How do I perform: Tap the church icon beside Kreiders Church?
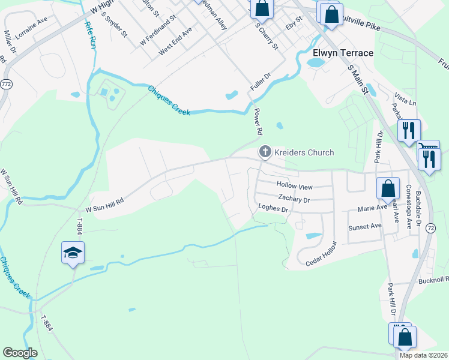coord(264,152)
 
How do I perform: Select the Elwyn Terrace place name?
coord(340,53)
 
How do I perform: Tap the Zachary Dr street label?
coord(294,199)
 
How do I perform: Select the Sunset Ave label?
coord(366,226)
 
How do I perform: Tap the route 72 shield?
coord(431,228)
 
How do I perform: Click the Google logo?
coord(20,353)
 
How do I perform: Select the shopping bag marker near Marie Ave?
coord(388,188)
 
